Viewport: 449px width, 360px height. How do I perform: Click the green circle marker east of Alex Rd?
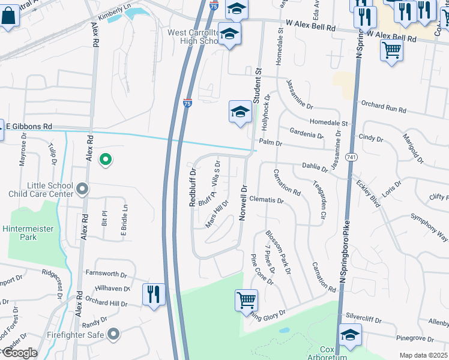click(x=105, y=160)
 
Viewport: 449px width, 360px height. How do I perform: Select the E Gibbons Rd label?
click(x=29, y=126)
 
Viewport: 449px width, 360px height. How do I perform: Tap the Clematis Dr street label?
click(x=266, y=200)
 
